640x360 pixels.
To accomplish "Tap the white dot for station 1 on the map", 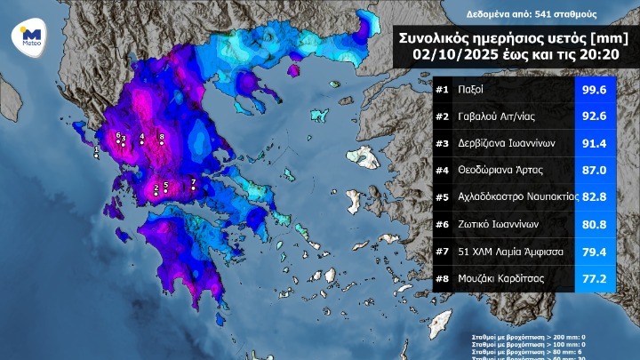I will click(x=97, y=154).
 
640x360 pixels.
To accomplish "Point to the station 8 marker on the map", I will click(x=162, y=142).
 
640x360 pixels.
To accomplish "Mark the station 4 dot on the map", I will click(x=141, y=142).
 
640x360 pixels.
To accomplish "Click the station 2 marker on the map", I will click(x=156, y=193).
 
